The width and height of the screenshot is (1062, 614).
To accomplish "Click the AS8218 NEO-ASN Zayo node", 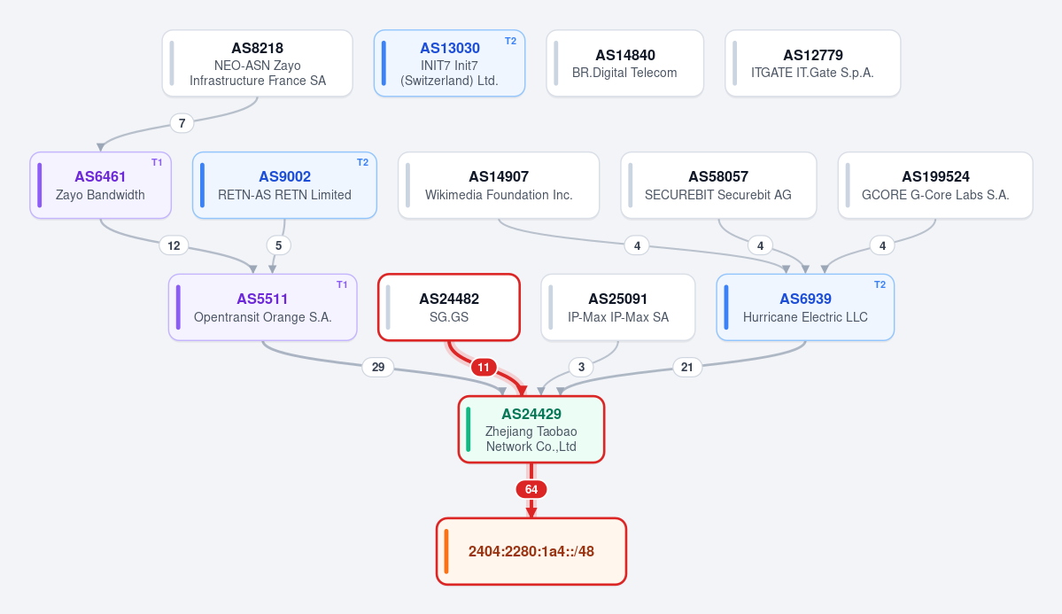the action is click(258, 64).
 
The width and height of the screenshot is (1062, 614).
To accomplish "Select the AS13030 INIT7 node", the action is click(450, 64).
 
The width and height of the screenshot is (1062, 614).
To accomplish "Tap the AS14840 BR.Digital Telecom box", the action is click(625, 64).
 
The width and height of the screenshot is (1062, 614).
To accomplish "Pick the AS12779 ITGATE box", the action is click(813, 64).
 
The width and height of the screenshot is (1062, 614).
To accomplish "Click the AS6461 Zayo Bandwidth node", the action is click(100, 186).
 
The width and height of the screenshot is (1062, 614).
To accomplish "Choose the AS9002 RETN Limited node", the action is click(284, 186).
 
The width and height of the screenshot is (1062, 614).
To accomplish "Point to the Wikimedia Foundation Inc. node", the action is click(499, 186).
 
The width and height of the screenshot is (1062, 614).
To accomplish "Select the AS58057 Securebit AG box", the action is click(718, 186).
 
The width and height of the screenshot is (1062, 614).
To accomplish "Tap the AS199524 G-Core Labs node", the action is click(935, 186).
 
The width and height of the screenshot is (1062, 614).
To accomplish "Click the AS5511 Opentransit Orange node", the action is click(263, 307).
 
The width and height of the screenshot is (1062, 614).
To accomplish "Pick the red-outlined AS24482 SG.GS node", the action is click(449, 307).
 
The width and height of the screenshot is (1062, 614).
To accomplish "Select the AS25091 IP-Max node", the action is click(618, 307).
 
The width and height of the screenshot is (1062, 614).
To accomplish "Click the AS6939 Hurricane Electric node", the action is click(805, 307).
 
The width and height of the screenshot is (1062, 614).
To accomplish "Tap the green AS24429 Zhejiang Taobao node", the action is click(531, 430).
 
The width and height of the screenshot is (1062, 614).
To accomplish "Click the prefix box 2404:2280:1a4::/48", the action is click(531, 552).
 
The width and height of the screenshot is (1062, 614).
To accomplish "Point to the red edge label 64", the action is click(531, 489).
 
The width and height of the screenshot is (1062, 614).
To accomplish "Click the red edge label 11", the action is click(484, 368).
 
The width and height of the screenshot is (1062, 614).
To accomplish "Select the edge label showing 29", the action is click(378, 368).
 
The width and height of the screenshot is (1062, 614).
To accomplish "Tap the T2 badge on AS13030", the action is click(511, 41).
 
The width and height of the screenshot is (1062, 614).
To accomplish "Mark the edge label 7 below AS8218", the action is click(182, 123).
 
